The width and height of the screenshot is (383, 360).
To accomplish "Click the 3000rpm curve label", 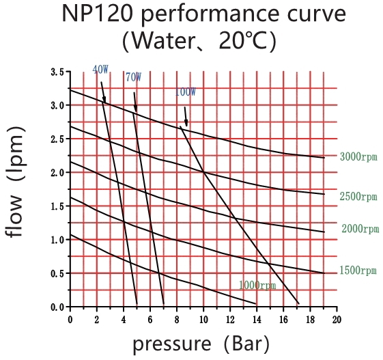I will click(358, 157).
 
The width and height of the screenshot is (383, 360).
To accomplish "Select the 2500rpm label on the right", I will click(358, 197).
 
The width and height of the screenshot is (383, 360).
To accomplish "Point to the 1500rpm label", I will click(358, 271).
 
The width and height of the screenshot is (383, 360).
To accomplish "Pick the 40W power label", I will click(100, 70).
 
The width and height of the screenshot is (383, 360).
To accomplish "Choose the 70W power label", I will click(134, 78).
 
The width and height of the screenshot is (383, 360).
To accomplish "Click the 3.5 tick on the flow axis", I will click(57, 72).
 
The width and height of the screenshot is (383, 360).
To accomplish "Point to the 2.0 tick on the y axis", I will click(57, 173).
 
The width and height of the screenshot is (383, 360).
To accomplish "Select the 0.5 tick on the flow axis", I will click(57, 273).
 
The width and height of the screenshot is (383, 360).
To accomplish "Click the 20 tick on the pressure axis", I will click(337, 319).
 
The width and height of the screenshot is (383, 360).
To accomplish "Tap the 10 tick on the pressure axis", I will click(203, 319).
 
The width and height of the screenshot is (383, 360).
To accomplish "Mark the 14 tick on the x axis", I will click(256, 319).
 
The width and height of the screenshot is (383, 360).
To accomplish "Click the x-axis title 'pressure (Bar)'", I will click(201, 343).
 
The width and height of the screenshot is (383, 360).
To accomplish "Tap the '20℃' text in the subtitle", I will click(246, 42).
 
